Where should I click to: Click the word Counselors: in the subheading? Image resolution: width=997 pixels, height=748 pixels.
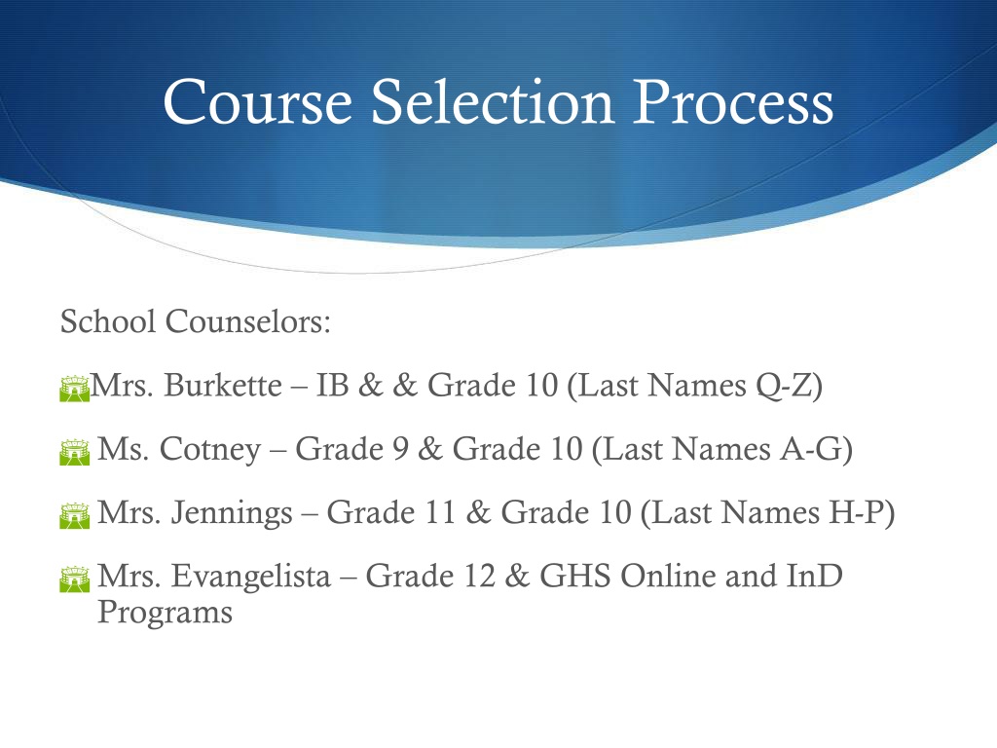click(x=248, y=321)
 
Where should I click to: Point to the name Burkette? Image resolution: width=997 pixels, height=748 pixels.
click(x=223, y=385)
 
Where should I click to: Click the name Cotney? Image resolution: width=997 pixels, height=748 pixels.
click(x=210, y=449)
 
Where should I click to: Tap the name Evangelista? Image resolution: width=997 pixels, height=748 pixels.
click(x=251, y=577)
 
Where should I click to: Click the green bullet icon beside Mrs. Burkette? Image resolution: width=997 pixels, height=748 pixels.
click(x=74, y=389)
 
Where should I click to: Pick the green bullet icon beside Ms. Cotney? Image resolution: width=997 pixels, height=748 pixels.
click(x=74, y=452)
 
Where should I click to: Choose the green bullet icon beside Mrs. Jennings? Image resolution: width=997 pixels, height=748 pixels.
click(x=74, y=515)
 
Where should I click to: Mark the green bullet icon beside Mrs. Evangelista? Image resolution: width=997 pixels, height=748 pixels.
click(x=74, y=579)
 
